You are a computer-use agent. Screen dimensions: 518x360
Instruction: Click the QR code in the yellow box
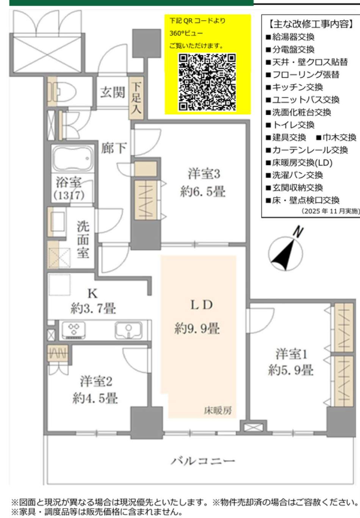207,82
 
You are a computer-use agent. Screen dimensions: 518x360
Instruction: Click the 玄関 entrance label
112,92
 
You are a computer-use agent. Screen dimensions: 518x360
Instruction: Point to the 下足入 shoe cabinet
136,98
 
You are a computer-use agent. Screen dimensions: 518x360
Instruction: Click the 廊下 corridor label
113,148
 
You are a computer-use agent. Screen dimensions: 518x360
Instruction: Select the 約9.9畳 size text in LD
197,328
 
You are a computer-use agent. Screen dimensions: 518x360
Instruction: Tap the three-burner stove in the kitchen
72,330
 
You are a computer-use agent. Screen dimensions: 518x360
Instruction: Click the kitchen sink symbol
128,330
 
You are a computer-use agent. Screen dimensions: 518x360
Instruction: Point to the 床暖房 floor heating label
218,410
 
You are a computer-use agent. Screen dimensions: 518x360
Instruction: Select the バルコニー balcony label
203,461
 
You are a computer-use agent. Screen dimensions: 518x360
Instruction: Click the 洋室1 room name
291,354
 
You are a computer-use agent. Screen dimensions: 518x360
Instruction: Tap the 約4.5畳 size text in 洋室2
95,398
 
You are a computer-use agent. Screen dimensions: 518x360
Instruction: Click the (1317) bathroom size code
69,195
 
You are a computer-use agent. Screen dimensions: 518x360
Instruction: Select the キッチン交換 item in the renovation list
297,87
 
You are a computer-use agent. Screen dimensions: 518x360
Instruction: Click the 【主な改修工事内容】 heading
310,24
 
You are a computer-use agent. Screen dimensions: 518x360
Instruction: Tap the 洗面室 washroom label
83,239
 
